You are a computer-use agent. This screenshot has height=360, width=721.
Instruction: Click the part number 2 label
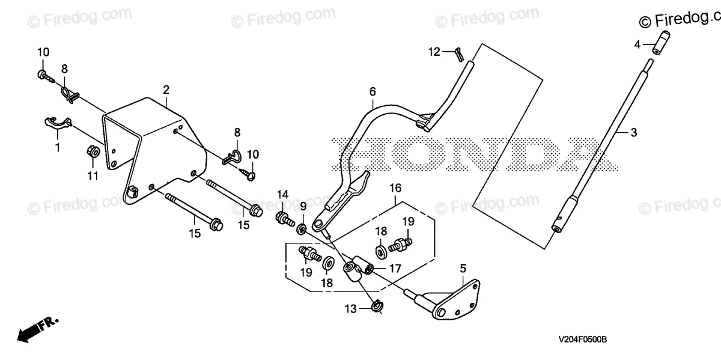[x=166, y=90]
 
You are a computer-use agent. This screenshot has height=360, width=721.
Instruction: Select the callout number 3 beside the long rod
[x=633, y=133]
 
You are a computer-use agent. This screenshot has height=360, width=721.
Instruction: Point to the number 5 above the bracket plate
[x=463, y=268]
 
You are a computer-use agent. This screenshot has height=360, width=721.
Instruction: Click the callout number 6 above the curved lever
[x=373, y=92]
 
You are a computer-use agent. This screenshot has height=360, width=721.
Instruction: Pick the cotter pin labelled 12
[x=458, y=54]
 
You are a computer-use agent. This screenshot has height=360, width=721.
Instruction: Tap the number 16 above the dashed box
[x=395, y=188]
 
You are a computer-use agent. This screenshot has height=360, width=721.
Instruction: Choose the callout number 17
[x=394, y=269]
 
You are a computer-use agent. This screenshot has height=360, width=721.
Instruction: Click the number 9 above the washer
[x=303, y=206]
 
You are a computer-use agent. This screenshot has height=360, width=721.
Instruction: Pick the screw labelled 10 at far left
[x=43, y=75]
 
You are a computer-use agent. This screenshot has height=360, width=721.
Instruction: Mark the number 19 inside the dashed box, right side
[x=409, y=222]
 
